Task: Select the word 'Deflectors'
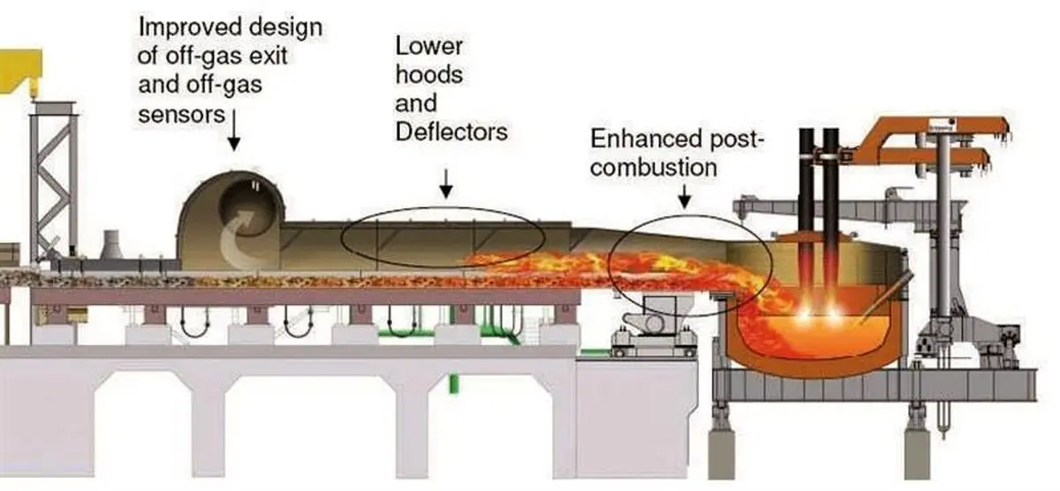(x=451, y=132)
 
